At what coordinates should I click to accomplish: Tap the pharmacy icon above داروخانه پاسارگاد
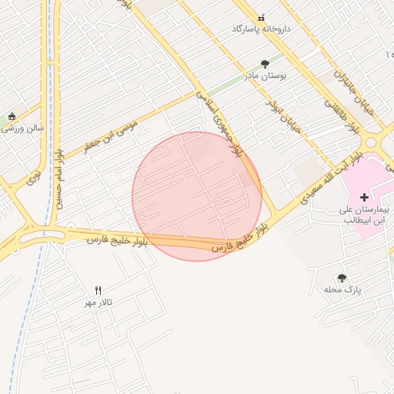261,17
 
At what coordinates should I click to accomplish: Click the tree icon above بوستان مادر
265,65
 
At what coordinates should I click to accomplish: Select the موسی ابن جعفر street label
111,135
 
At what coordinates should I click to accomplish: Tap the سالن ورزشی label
23,129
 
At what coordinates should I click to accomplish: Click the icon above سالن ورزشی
12,116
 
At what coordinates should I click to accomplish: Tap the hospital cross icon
364,198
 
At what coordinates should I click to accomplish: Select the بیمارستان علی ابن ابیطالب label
365,214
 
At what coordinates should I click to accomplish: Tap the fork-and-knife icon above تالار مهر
98,291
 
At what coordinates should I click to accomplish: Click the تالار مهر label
98,302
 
